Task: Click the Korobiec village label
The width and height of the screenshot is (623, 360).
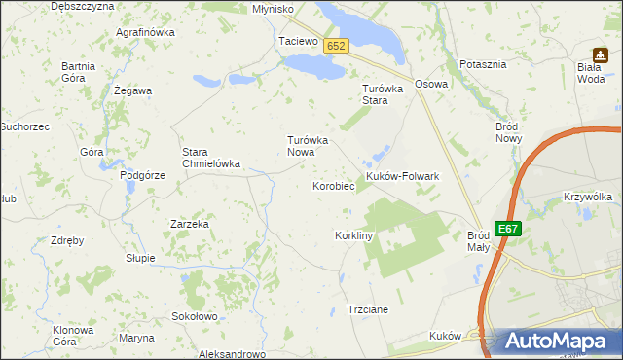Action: point(332,185)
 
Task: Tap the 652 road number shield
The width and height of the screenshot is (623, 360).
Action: point(337,46)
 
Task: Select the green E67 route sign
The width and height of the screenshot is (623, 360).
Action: point(507,229)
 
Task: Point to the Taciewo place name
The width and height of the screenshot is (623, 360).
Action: point(299,42)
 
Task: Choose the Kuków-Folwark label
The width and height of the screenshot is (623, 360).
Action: point(403,176)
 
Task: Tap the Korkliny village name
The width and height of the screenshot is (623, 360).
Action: point(354,236)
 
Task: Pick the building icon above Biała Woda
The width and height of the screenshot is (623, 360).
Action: point(601,55)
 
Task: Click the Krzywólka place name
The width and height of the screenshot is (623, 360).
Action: point(588,197)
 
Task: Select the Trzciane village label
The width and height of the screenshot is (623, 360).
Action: point(368,309)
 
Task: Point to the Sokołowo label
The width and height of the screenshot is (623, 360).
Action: point(194,316)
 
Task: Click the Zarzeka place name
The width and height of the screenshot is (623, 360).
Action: point(190,224)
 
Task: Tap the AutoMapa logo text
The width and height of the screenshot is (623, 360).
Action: point(556,342)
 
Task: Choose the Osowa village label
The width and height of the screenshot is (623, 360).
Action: point(431,84)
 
